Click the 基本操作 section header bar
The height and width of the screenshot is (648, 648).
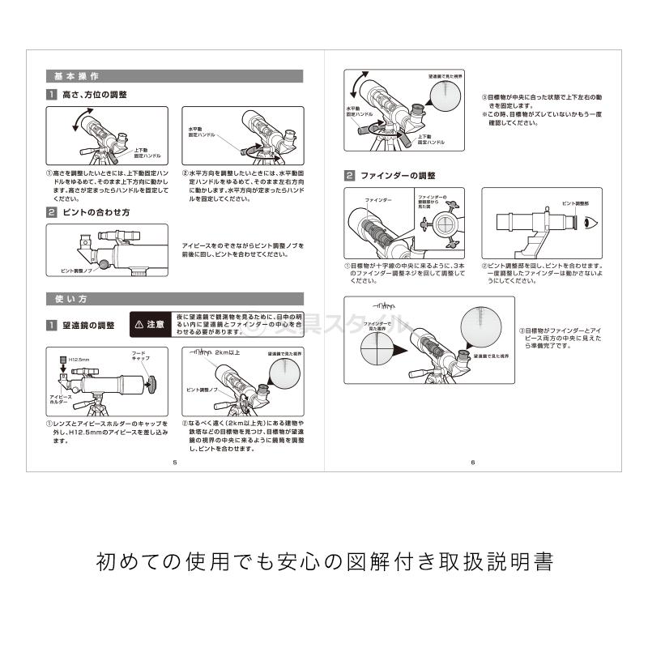pyautogui.click(x=174, y=76)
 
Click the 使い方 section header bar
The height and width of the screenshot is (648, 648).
pyautogui.click(x=174, y=299)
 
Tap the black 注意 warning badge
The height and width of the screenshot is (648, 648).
pyautogui.click(x=149, y=324)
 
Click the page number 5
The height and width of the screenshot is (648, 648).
pyautogui.click(x=175, y=463)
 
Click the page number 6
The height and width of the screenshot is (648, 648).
pyautogui.click(x=472, y=463)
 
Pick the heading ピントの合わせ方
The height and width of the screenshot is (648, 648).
pyautogui.click(x=96, y=212)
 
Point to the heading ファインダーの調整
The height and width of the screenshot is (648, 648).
pyautogui.click(x=398, y=175)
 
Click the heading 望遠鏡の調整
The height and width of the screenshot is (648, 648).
pyautogui.click(x=88, y=325)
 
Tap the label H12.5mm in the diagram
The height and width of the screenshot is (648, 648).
pyautogui.click(x=79, y=358)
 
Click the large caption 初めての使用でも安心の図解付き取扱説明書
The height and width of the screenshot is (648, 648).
pyautogui.click(x=324, y=561)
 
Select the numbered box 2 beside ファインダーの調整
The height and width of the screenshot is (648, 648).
pyautogui.click(x=349, y=175)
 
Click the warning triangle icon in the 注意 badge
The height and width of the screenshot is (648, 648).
pyautogui.click(x=139, y=324)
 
